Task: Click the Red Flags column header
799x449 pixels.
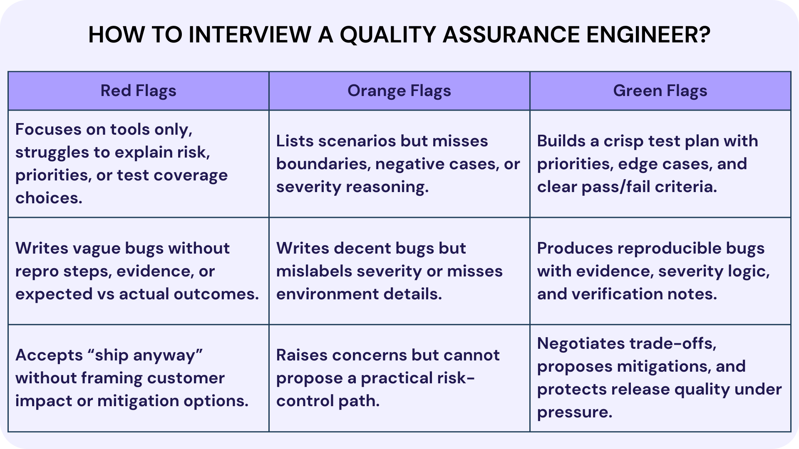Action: click(x=138, y=91)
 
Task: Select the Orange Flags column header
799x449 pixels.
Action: click(x=399, y=91)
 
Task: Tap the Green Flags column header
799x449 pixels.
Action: click(x=660, y=91)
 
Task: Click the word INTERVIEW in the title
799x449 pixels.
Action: click(x=250, y=35)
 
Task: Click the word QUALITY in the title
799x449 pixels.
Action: click(x=388, y=35)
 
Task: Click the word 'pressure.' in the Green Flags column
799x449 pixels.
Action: click(x=575, y=412)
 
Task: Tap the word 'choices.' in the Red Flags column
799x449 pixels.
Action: click(x=49, y=198)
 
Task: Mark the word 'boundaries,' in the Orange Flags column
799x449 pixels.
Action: click(x=323, y=164)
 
